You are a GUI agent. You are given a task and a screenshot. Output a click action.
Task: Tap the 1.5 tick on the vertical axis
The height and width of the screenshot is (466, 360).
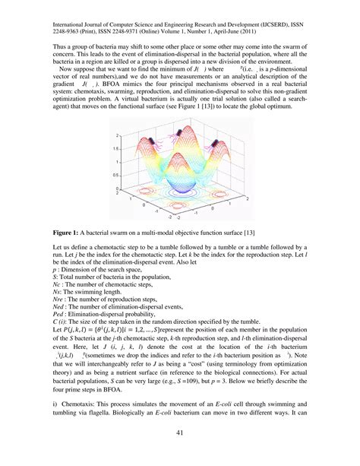[114, 147]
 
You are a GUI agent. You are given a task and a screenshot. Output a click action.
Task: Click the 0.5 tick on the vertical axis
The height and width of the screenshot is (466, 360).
[114, 175]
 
